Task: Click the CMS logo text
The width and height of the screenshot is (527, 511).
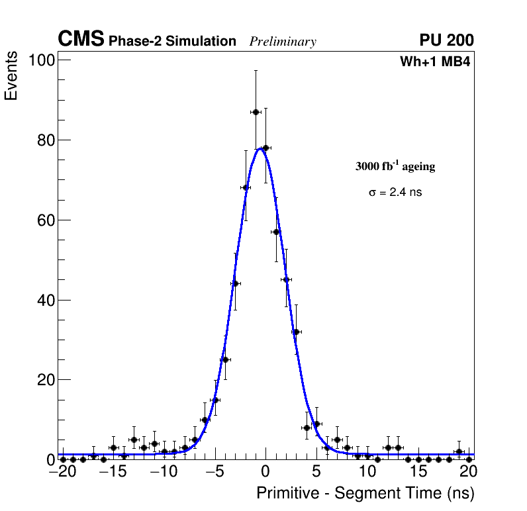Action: click(x=81, y=40)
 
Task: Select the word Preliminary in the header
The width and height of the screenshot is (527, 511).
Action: click(x=283, y=42)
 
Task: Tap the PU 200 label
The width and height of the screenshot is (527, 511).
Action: click(x=447, y=40)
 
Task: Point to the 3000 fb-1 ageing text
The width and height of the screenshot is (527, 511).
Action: click(x=395, y=167)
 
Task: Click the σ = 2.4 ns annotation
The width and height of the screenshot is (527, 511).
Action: click(x=395, y=193)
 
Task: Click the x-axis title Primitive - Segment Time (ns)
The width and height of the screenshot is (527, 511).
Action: click(x=365, y=493)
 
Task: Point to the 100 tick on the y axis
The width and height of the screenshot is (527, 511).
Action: click(x=41, y=61)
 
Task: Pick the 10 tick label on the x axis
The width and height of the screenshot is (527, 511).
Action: click(x=367, y=473)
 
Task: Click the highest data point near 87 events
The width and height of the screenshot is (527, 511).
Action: click(x=256, y=112)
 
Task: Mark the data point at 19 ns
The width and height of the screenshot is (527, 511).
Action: click(x=459, y=451)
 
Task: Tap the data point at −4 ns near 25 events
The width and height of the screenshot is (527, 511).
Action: click(x=225, y=359)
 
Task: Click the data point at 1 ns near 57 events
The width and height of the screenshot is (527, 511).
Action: click(x=276, y=232)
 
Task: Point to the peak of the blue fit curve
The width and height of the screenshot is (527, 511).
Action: click(x=261, y=148)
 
